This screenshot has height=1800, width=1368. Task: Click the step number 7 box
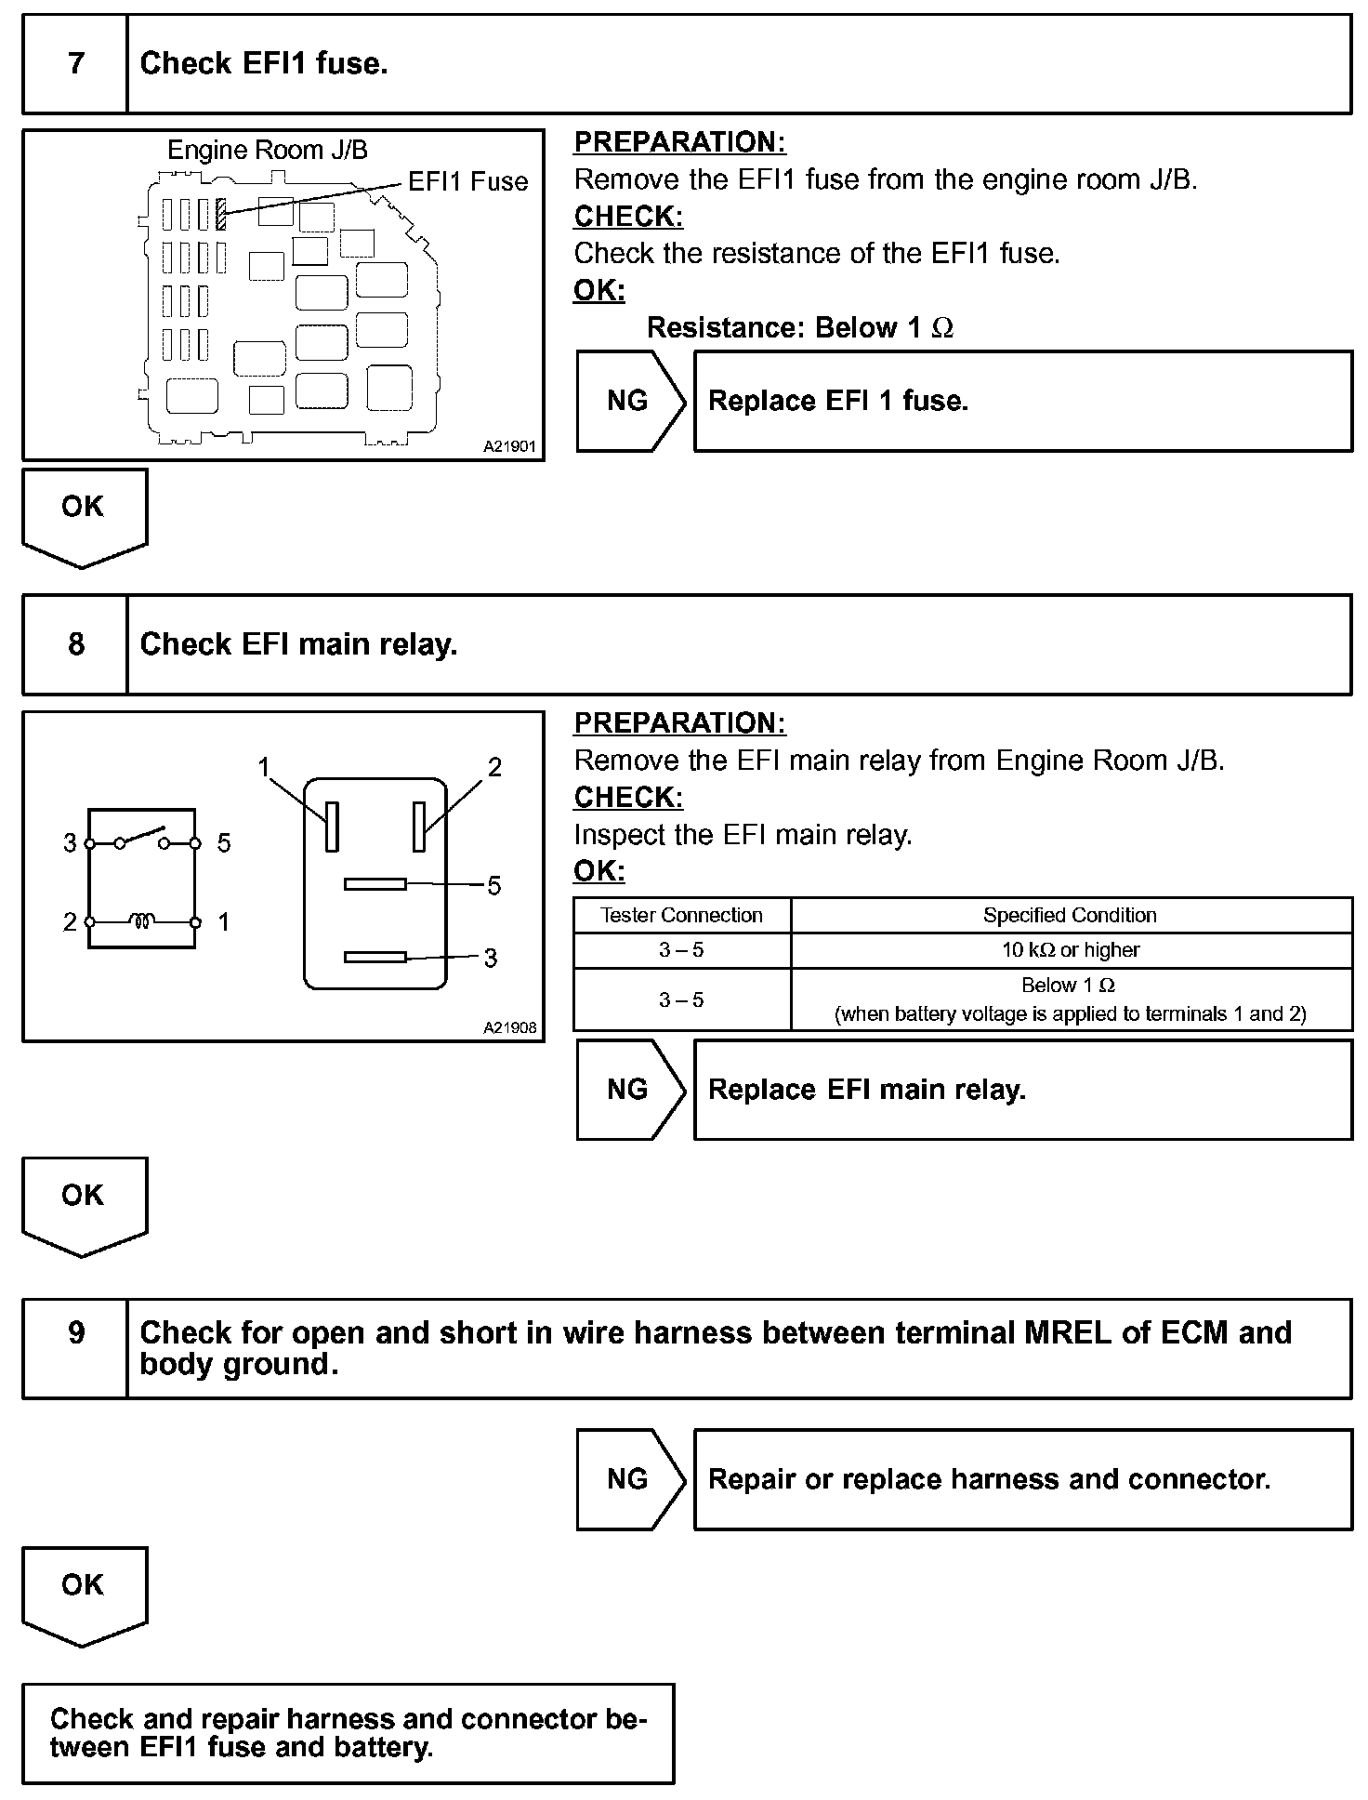click(x=75, y=64)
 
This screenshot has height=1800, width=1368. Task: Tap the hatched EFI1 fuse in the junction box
click(x=221, y=214)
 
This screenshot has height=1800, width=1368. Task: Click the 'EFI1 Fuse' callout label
click(x=467, y=181)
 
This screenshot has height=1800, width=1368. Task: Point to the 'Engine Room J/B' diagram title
click(x=267, y=150)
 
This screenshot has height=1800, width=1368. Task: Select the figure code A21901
click(x=509, y=446)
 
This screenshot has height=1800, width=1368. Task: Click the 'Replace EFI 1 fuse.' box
click(x=1022, y=402)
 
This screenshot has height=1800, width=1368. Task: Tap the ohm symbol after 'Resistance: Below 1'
click(x=941, y=328)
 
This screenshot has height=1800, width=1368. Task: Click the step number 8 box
click(x=75, y=644)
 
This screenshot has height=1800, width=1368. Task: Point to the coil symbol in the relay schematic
click(x=142, y=921)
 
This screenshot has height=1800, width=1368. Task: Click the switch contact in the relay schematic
click(x=142, y=836)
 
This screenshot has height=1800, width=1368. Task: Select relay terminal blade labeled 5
click(x=375, y=883)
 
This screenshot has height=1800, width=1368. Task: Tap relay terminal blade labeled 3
click(x=375, y=957)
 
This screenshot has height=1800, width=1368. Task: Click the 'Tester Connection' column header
click(x=681, y=915)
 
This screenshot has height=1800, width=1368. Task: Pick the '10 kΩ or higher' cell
click(x=1070, y=950)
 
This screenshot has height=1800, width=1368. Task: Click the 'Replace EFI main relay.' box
click(x=1022, y=1090)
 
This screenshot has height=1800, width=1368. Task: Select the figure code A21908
click(x=509, y=1027)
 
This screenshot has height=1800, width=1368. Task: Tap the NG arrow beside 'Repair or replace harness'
click(x=630, y=1479)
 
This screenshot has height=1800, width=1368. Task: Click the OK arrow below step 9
click(x=84, y=1595)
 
